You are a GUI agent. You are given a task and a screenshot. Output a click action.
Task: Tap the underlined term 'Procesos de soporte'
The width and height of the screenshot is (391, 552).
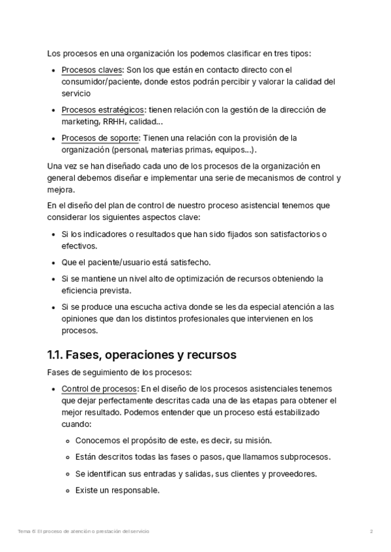coord(100,137)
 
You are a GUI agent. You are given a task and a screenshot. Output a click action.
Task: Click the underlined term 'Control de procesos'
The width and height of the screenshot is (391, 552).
coord(99,389)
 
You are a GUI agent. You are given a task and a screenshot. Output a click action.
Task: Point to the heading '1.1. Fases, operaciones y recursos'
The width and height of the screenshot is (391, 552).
coord(141,355)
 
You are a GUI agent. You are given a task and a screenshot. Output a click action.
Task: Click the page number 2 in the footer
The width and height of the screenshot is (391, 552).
coord(371,532)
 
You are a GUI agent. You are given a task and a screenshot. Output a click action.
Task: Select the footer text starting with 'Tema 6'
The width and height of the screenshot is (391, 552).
coord(83,532)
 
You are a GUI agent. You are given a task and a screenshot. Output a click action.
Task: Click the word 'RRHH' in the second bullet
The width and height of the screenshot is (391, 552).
coord(111,121)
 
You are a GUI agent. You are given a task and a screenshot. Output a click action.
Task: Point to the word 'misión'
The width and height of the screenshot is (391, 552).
coord(257,439)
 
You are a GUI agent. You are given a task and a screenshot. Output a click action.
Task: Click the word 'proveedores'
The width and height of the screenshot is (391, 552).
coord(289,473)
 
